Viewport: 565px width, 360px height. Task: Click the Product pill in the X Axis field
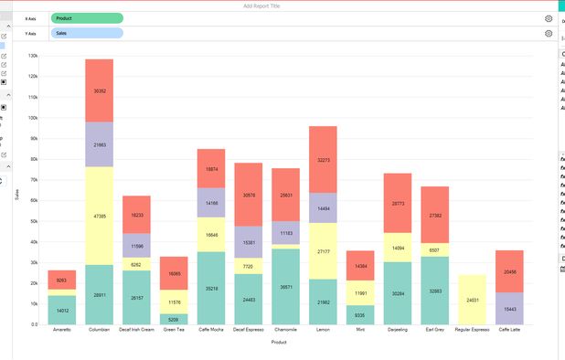coord(87,18)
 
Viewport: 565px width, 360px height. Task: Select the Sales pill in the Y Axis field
coord(87,34)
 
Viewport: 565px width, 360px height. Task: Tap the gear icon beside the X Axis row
coord(549,18)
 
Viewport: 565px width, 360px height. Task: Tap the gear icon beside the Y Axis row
coord(549,34)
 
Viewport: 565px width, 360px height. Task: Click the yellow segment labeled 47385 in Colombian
coord(99,217)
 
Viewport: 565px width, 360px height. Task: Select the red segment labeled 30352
coord(99,90)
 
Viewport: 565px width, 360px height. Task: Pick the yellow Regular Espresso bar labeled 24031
coord(474,300)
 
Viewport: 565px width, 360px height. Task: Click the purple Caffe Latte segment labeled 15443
coord(510,309)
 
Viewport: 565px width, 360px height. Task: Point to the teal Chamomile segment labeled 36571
coord(285,287)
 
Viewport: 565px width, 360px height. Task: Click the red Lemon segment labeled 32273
coord(323,160)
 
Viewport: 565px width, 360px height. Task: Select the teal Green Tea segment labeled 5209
coord(174,320)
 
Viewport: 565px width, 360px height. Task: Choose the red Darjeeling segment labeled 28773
coord(398,204)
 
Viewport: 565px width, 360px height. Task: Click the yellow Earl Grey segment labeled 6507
coord(435,249)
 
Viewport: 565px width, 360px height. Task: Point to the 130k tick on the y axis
coord(33,56)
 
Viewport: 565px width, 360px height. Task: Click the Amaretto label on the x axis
coord(61,330)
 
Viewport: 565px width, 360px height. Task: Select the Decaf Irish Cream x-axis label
coord(136,330)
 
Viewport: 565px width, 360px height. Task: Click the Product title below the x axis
coord(279,343)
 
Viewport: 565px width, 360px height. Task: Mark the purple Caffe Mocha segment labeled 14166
coord(211,203)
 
